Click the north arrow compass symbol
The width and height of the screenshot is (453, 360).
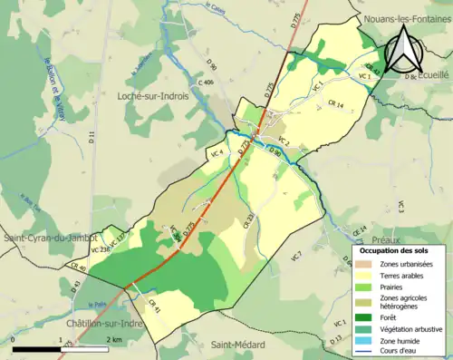tap(405, 50)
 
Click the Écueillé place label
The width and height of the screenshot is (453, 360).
tap(433, 77)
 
